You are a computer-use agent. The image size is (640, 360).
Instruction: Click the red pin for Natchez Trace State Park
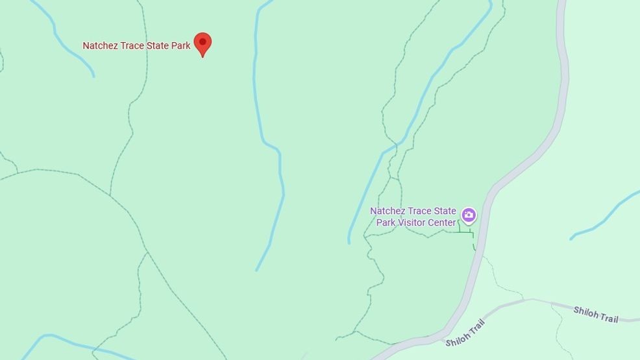click(203, 43)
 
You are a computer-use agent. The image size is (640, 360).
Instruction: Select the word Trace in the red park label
click(132, 46)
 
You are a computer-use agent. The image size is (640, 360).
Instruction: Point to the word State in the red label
click(158, 46)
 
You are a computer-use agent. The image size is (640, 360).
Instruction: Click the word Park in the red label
click(181, 46)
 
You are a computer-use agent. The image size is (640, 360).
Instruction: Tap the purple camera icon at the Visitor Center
click(469, 215)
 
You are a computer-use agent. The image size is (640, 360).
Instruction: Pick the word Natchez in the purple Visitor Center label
click(387, 211)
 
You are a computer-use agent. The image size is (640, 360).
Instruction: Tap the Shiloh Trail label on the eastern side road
click(596, 315)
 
